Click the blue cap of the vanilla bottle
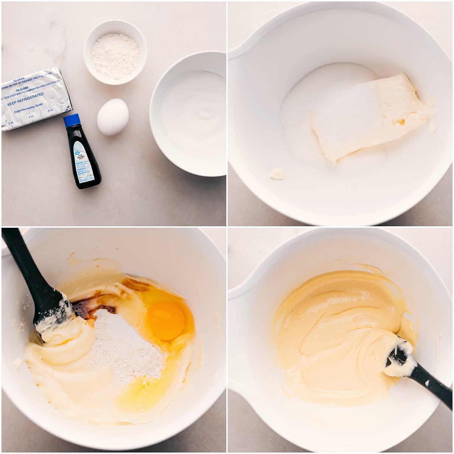pyautogui.click(x=72, y=120)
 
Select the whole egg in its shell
pyautogui.click(x=113, y=117)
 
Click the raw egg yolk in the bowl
pyautogui.click(x=166, y=320)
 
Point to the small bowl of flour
pyautogui.click(x=115, y=53)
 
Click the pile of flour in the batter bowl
pyautogui.click(x=125, y=348)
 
